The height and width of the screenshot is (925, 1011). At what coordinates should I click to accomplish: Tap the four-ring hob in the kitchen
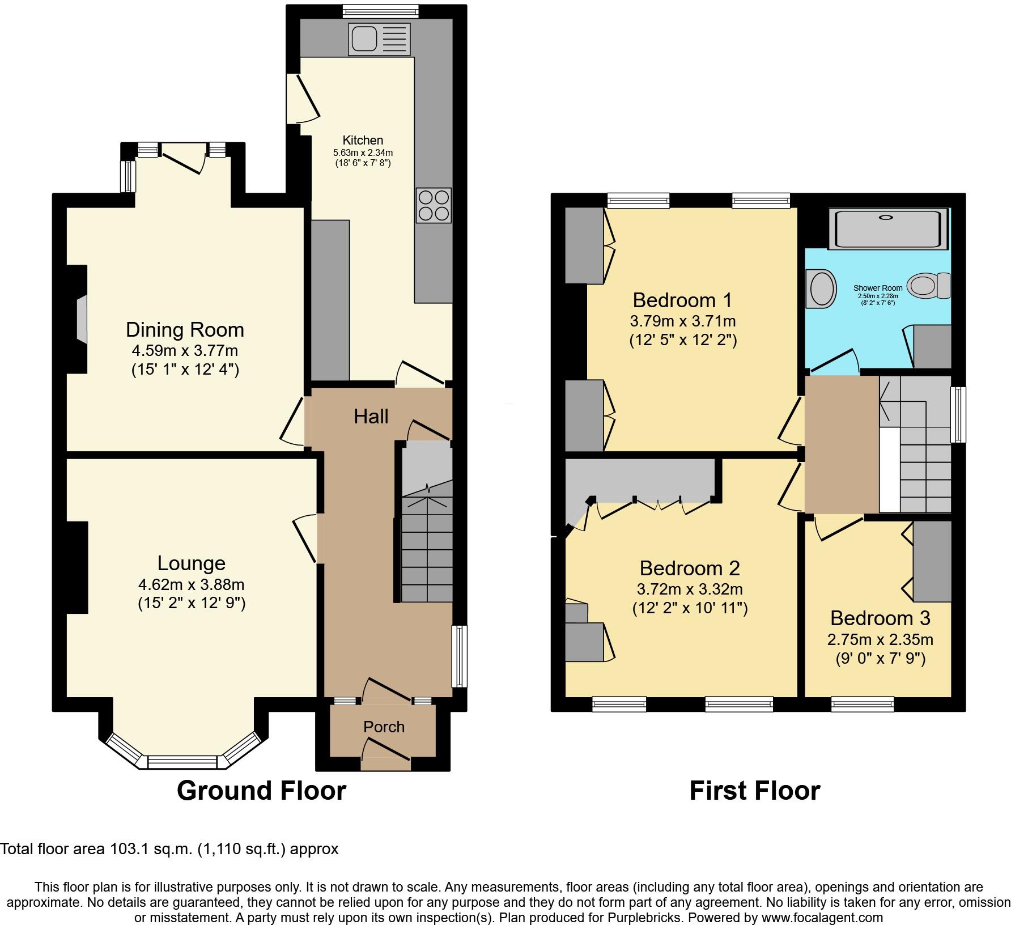pyautogui.click(x=434, y=205)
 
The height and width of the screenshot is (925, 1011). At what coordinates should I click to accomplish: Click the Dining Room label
pyautogui.click(x=185, y=330)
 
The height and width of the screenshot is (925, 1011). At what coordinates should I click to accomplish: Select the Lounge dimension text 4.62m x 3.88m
pyautogui.click(x=191, y=584)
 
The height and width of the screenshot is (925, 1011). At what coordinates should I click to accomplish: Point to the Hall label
pyautogui.click(x=371, y=417)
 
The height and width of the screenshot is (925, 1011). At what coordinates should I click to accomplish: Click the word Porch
pyautogui.click(x=384, y=727)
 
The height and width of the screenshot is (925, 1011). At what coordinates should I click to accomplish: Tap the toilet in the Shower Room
pyautogui.click(x=929, y=285)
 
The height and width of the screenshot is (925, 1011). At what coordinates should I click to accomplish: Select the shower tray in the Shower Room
pyautogui.click(x=887, y=229)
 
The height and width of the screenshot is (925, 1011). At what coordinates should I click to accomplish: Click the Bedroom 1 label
pyautogui.click(x=682, y=300)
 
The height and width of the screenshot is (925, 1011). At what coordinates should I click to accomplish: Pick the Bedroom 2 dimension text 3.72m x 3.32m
pyautogui.click(x=690, y=589)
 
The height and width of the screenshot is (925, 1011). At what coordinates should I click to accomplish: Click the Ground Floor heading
pyautogui.click(x=261, y=791)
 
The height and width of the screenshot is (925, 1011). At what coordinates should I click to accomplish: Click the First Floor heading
pyautogui.click(x=754, y=791)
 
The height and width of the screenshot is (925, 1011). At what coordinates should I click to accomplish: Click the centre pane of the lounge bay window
pyautogui.click(x=182, y=762)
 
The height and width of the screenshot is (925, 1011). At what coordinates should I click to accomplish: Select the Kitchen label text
pyautogui.click(x=363, y=140)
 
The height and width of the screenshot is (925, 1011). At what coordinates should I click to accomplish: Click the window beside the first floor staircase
pyautogui.click(x=958, y=414)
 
